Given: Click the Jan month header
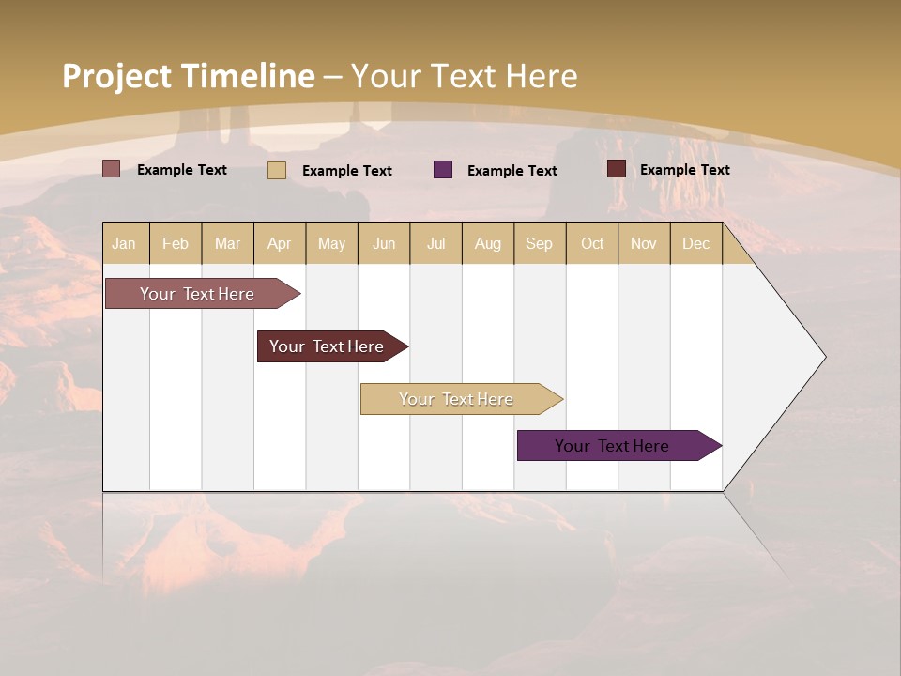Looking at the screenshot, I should [x=124, y=243].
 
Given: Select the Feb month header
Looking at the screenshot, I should [x=176, y=243].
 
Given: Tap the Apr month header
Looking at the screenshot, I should [x=279, y=243].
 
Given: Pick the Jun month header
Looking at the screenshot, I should [x=384, y=243].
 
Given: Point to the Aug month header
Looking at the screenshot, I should [x=487, y=243].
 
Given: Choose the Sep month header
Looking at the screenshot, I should [x=539, y=243].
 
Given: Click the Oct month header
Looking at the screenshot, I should [x=592, y=243].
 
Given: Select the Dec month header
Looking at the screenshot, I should [x=695, y=243].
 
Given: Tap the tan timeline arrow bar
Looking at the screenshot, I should [x=457, y=399].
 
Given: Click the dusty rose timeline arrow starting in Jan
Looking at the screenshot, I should [x=198, y=294].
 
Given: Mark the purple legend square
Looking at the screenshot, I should [x=443, y=170].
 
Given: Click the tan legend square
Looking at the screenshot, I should [x=277, y=170].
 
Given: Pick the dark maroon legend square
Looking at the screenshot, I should [x=617, y=169].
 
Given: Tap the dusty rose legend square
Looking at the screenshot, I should [x=112, y=169].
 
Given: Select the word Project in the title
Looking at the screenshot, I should [x=116, y=76].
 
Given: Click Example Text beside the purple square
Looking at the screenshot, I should [x=512, y=171].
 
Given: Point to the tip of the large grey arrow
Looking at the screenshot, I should [x=824, y=357].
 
